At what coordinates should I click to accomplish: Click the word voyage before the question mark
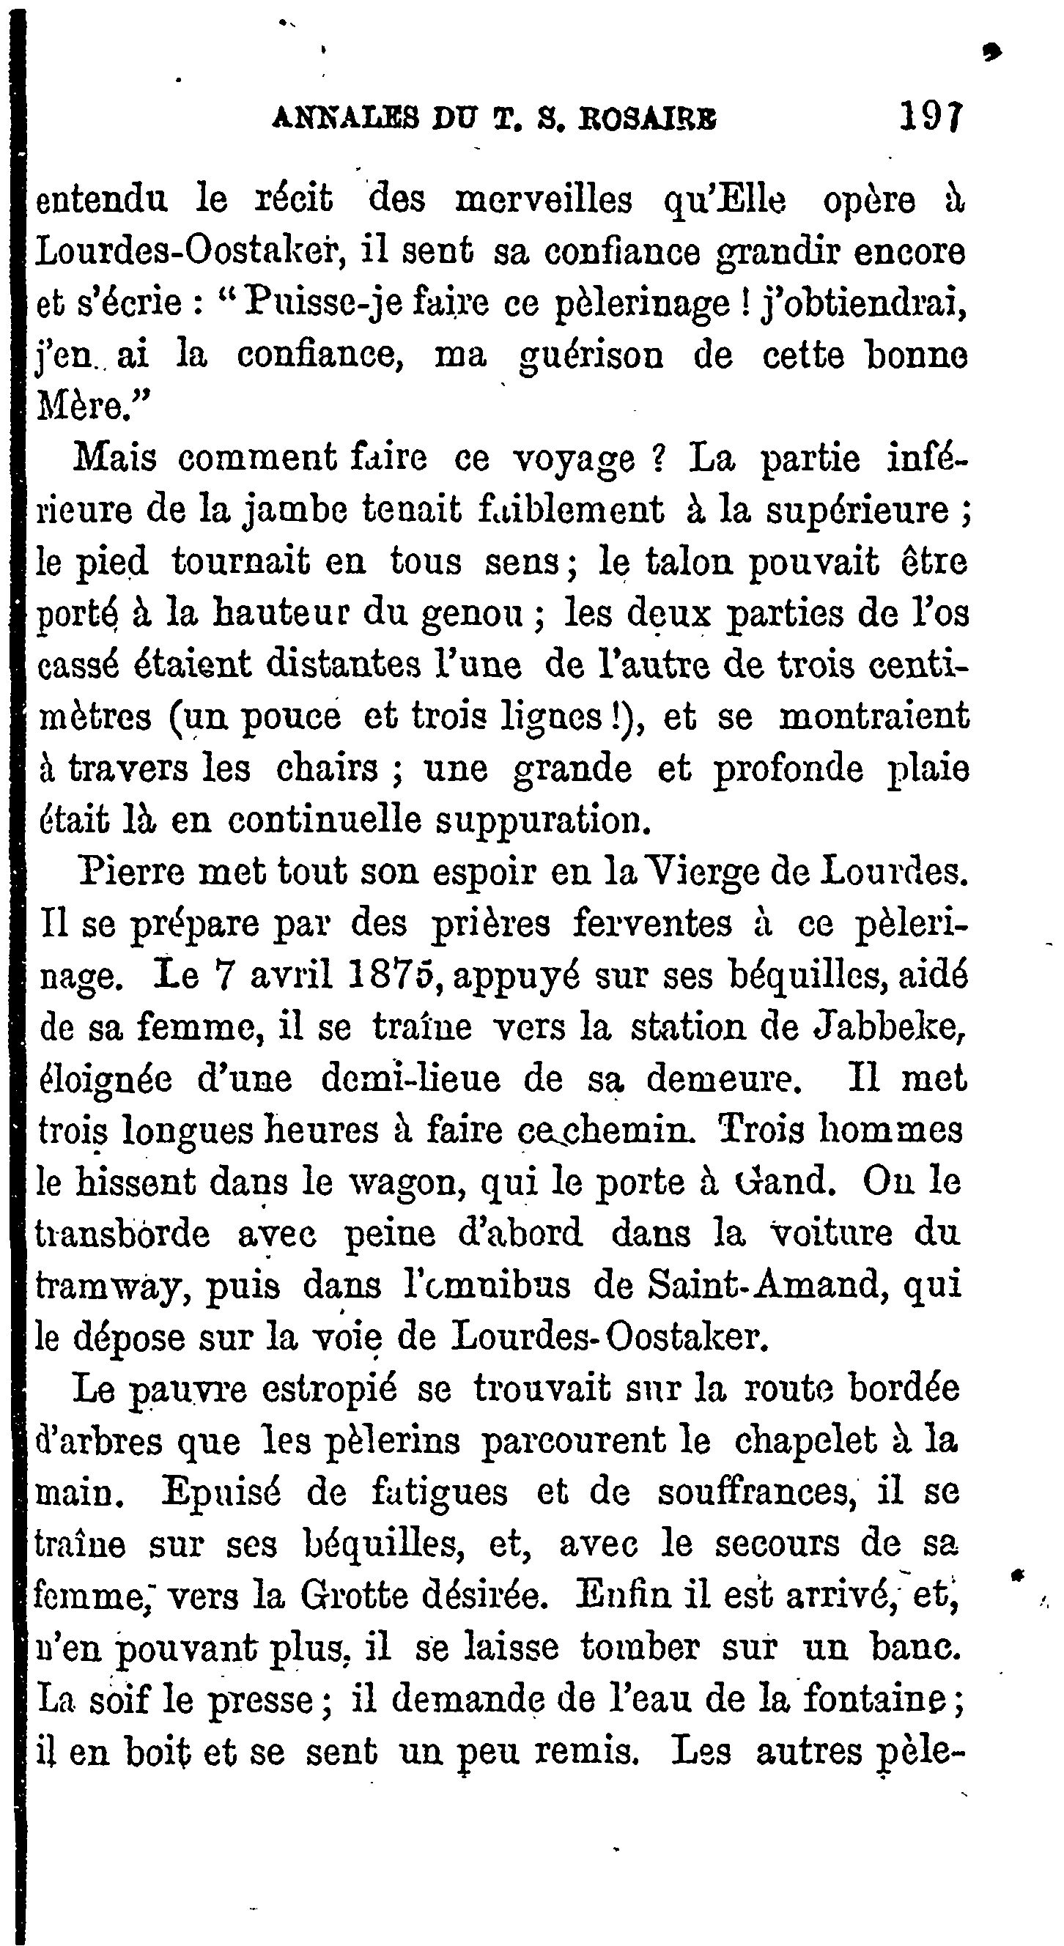click(573, 460)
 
